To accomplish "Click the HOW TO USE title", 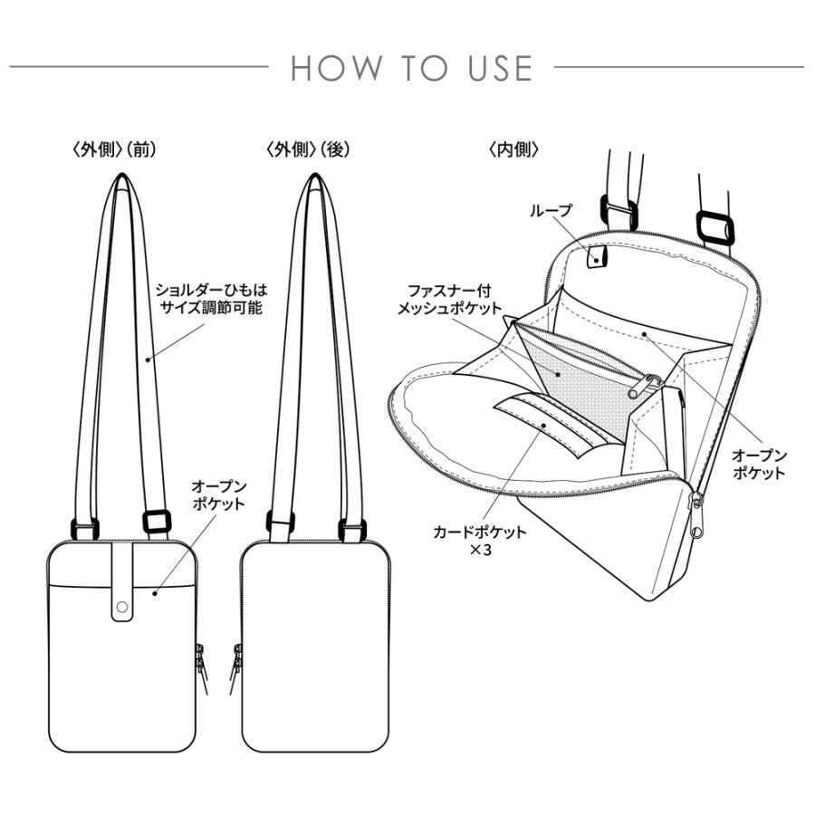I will click(411, 69).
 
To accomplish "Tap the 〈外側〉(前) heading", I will click(114, 149).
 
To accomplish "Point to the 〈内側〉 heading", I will click(513, 149).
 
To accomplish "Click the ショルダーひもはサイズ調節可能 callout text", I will click(210, 299).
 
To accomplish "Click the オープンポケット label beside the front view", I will click(217, 495).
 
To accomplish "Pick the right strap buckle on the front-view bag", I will click(156, 523).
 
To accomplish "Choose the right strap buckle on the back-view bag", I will click(350, 526).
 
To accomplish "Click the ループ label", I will click(553, 210).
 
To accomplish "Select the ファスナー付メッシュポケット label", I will click(449, 299).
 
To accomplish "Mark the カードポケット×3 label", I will click(480, 540).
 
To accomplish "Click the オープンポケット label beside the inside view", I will click(759, 464).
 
